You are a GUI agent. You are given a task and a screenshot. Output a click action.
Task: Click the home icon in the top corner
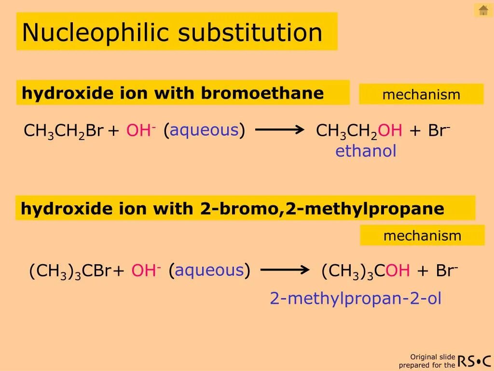point(483,10)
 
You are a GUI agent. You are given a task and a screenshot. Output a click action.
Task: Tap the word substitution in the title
point(250,33)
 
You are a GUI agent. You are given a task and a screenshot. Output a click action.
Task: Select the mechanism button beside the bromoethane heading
point(421,94)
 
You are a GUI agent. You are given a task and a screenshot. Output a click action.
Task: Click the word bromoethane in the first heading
point(262,93)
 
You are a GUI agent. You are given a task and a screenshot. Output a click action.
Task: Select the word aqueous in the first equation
point(204,130)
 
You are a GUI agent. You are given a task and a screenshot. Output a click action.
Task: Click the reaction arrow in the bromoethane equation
point(279,129)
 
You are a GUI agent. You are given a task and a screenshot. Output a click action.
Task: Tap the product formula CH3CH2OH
point(359,131)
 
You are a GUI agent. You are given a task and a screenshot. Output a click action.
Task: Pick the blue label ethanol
point(366,151)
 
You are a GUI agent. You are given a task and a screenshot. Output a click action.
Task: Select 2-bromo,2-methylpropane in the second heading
point(322,209)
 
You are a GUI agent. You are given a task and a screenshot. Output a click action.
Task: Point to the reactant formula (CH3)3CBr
point(70,271)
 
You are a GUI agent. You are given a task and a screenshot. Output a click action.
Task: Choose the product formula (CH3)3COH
point(366,271)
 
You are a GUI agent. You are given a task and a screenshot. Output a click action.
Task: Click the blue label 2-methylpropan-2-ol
point(356,299)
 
